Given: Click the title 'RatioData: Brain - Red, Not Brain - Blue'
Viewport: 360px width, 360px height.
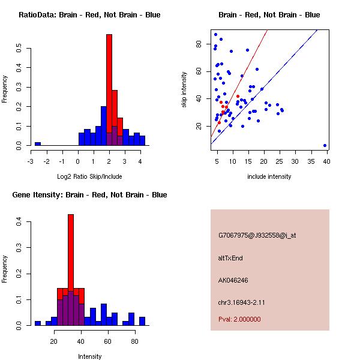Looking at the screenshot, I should [x=89, y=15].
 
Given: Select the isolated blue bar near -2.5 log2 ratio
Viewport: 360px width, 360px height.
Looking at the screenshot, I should [x=38, y=144].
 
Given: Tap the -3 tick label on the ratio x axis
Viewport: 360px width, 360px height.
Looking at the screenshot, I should [x=31, y=161].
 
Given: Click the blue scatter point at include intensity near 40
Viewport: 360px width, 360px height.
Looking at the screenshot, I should [x=325, y=145].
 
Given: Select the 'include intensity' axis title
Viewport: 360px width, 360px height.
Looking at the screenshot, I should [x=269, y=176].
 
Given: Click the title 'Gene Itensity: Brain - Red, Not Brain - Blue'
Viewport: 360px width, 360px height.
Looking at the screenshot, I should [x=89, y=195].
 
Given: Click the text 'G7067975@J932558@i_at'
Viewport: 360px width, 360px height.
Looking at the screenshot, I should [x=257, y=235].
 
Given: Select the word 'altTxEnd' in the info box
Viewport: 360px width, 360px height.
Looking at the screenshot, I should [x=230, y=258].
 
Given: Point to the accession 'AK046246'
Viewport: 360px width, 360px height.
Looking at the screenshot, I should [x=233, y=280].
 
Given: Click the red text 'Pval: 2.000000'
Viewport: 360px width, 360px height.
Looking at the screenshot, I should [x=239, y=319].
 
